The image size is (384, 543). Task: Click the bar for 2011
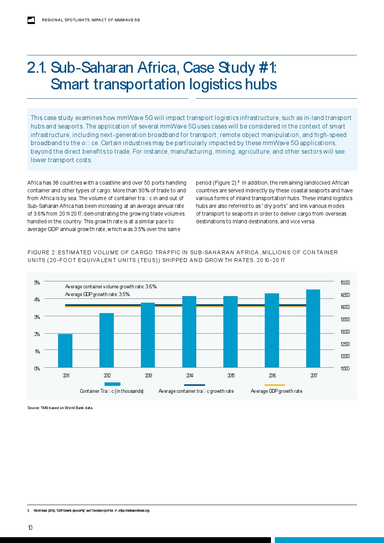pos(65,351)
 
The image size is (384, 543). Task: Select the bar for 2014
pos(189,332)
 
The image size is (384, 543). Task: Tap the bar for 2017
pos(313,328)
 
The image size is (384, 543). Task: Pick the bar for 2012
pos(106,340)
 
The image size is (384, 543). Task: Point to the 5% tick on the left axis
pos(37,283)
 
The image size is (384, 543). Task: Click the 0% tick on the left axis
pos(37,368)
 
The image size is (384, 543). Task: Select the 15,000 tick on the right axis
pos(345,283)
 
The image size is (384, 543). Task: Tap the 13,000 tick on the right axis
pos(345,332)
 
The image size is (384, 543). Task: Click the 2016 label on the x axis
pos(272,375)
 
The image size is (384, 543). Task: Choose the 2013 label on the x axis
pos(148,375)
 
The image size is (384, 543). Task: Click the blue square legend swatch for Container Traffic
pos(112,384)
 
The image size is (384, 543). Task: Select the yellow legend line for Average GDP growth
pos(274,385)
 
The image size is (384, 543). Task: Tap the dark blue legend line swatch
pos(194,385)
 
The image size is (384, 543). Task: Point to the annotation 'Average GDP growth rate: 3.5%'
pos(97,295)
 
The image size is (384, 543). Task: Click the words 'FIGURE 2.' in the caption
pos(42,252)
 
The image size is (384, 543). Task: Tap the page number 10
pos(30,528)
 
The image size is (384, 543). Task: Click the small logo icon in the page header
pos(31,20)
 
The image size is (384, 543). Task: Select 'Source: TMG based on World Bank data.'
pos(60,408)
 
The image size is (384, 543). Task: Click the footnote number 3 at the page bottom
pos(29,510)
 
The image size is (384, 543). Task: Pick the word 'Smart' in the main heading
pos(70,84)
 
